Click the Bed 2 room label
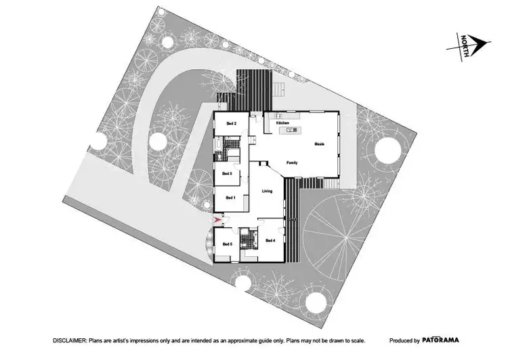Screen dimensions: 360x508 point(230,123)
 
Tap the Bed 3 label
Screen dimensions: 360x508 point(228,174)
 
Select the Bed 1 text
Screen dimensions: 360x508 point(230,197)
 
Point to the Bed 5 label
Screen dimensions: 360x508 point(228,243)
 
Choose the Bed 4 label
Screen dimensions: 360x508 point(270,241)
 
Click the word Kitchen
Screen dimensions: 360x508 point(282,123)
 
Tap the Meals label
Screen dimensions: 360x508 point(320,144)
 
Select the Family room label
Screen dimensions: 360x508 point(292,163)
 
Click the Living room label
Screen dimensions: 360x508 point(268,191)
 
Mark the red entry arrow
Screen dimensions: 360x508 point(217,220)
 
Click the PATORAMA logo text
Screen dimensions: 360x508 point(443,340)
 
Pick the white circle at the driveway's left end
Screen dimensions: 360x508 point(99,142)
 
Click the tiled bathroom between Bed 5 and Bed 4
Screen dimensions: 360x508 point(251,238)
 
